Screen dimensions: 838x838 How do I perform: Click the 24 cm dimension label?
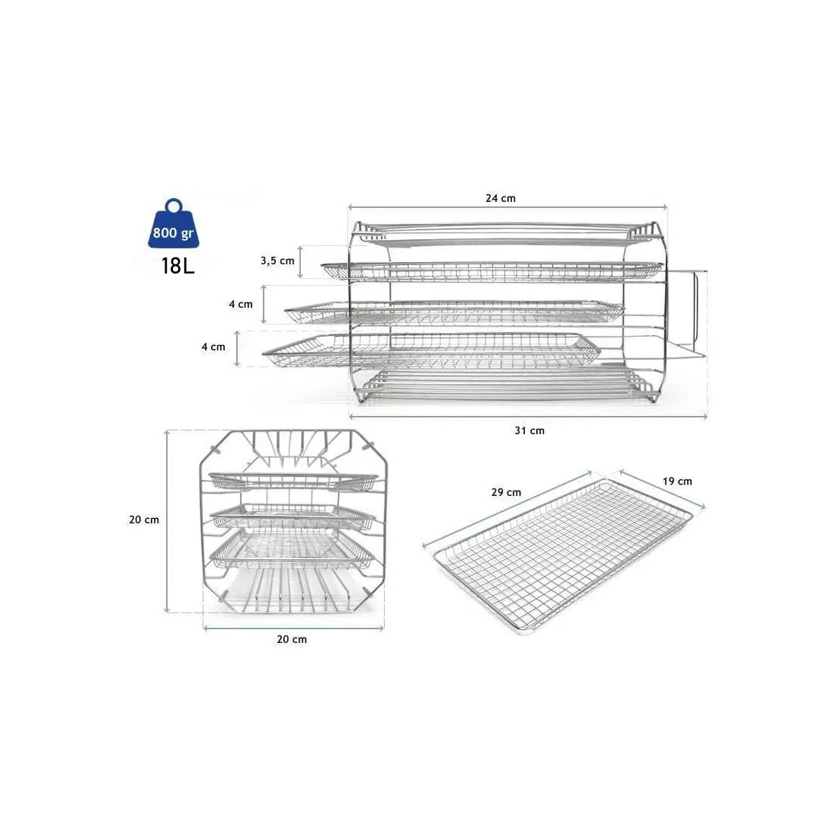click(x=501, y=198)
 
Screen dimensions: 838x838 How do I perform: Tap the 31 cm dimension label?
click(x=529, y=430)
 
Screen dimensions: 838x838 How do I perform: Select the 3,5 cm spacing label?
click(x=277, y=261)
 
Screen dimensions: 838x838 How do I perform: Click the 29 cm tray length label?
click(x=506, y=492)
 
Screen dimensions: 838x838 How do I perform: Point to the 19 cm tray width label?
click(x=677, y=481)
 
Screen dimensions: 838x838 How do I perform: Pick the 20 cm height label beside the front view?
click(x=144, y=520)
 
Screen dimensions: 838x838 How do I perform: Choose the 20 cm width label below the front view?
click(x=292, y=639)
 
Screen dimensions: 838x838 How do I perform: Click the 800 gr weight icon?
click(x=173, y=225)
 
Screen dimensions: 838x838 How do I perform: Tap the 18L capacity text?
click(x=178, y=266)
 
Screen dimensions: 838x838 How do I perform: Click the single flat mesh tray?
click(x=563, y=556)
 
